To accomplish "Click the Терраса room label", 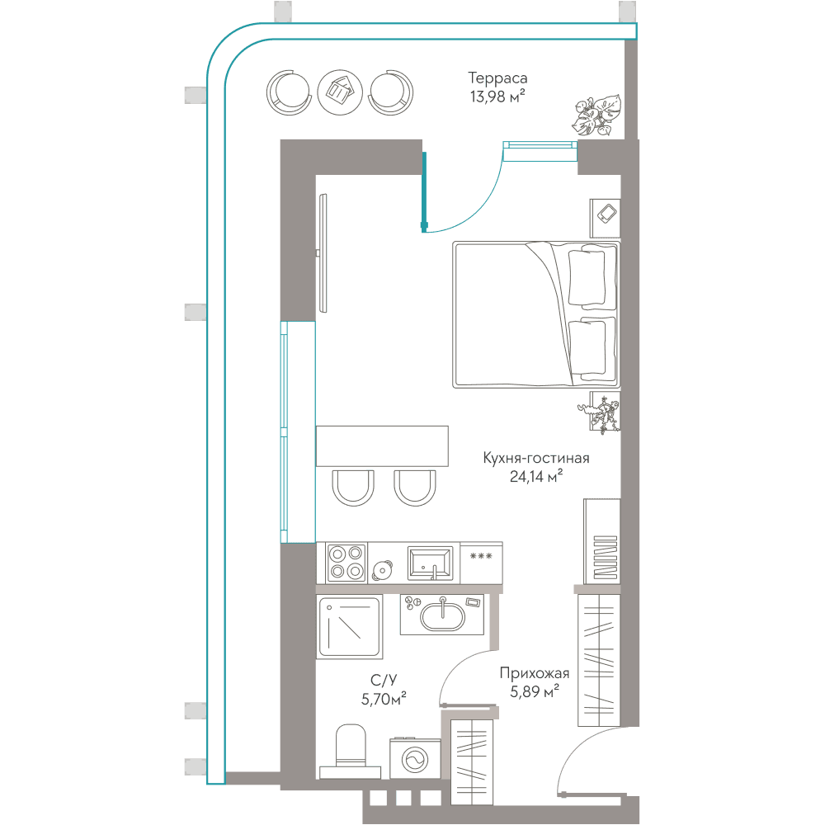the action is point(497,78).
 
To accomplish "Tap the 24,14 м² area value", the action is point(535,476).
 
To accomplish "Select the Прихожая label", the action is point(534,673).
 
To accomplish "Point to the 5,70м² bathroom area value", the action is point(384,699).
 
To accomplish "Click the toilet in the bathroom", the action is point(350,752).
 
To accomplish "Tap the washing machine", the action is point(415,759).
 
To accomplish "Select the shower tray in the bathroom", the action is point(349,626).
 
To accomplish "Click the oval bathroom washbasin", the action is point(442,615).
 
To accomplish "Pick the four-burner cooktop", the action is point(346,563).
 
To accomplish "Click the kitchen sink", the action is point(430,563).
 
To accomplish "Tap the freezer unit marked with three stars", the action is point(481,563).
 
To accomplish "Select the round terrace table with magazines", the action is point(340,92).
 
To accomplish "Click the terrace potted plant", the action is point(596,115).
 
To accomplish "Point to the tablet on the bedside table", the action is point(606,213).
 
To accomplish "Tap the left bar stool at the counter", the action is point(353,488).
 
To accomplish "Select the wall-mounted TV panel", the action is point(323,253).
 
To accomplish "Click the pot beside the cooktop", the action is point(383,570).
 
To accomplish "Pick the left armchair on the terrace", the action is point(288,92).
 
